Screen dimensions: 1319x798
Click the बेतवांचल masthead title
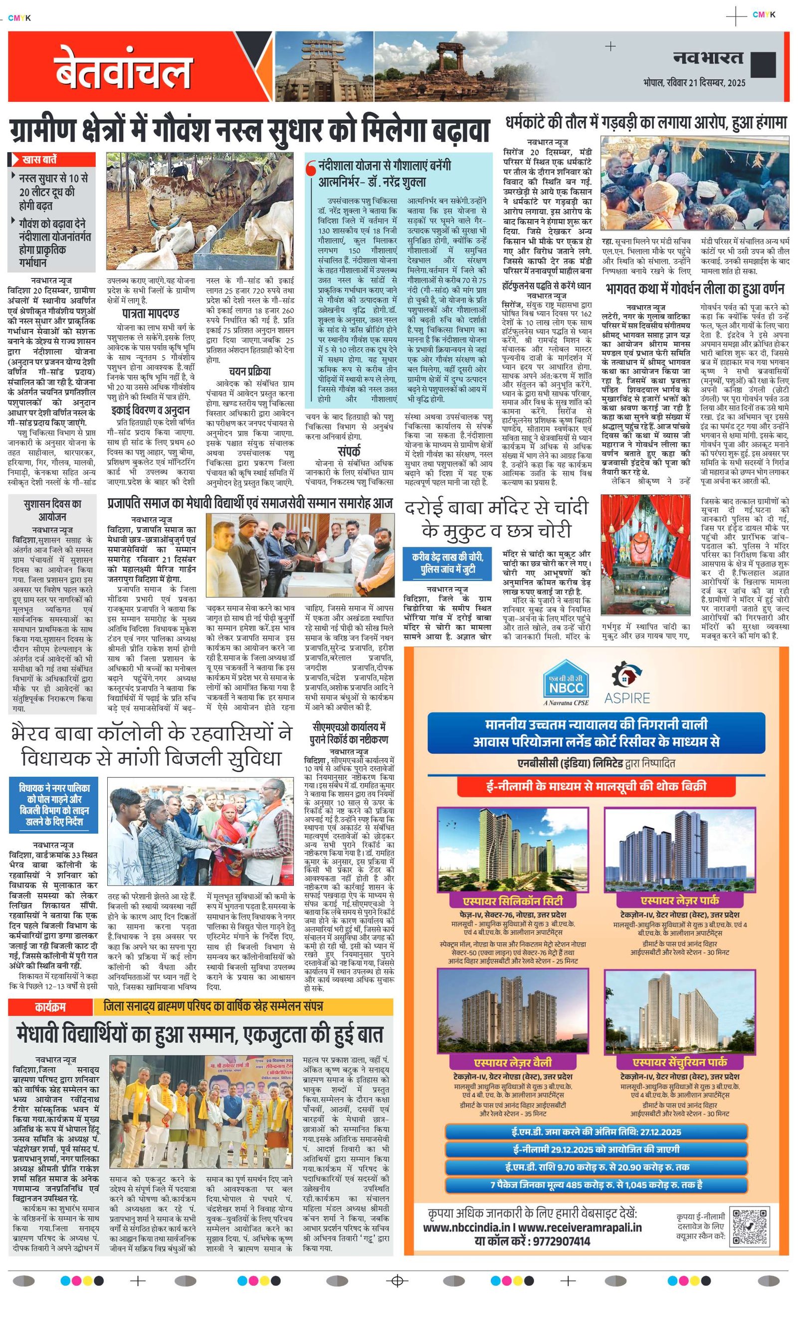[x=123, y=68]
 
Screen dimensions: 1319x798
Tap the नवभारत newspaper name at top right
[x=708, y=58]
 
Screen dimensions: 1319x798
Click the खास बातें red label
[x=52, y=160]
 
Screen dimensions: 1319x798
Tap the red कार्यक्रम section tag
[x=50, y=1007]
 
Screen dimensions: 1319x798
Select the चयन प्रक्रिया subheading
[x=249, y=371]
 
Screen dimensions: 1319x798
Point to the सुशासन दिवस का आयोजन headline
[x=52, y=510]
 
